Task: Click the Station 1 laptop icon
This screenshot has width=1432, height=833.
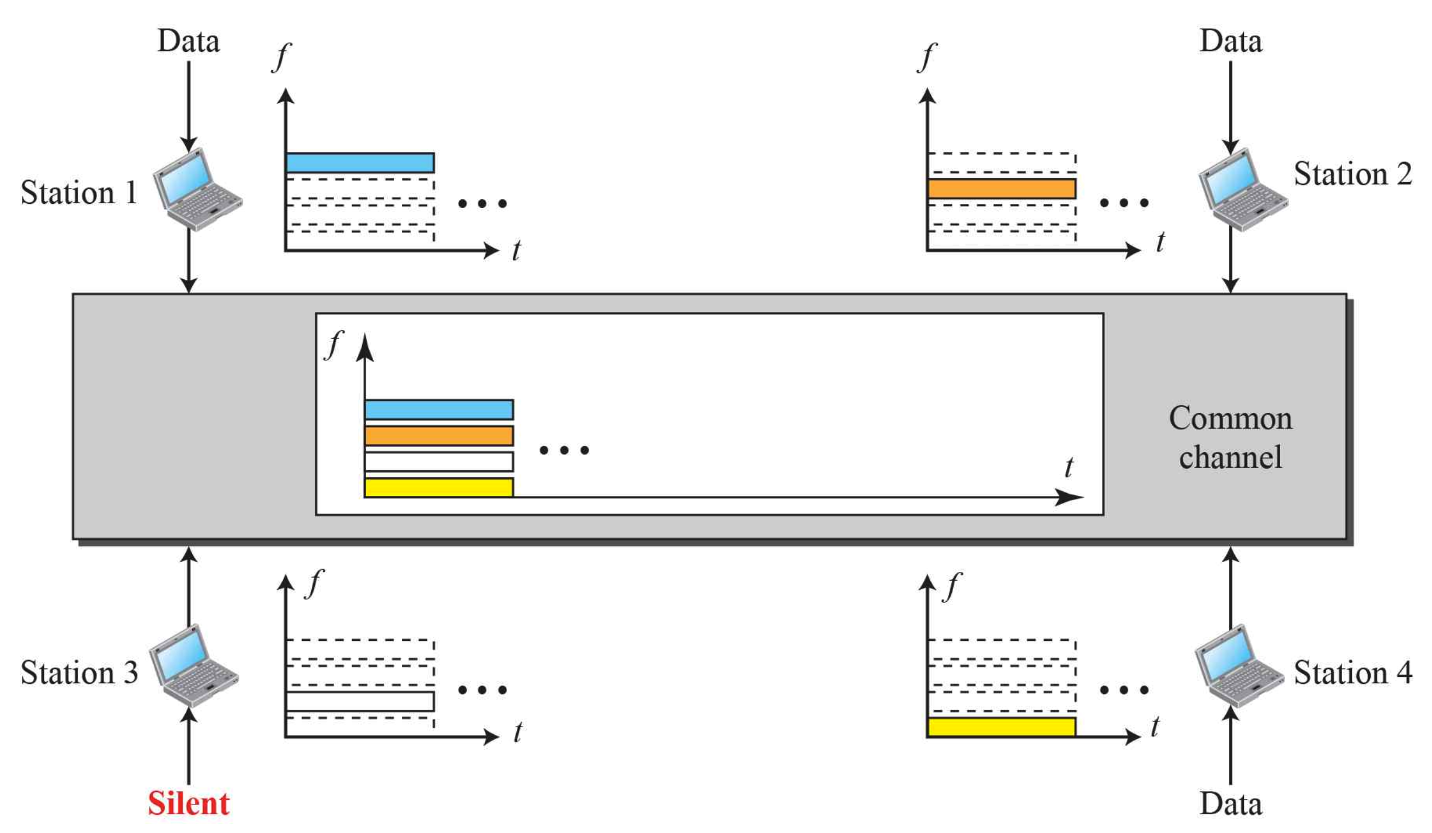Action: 197,189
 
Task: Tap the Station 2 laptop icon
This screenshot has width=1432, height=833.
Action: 1243,189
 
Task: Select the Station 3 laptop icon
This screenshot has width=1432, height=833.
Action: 193,665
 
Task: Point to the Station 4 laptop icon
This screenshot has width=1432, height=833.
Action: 1239,665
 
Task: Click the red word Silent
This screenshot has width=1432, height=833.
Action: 188,803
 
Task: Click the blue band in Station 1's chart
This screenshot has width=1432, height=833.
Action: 360,162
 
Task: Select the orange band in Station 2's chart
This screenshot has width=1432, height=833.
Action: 1001,189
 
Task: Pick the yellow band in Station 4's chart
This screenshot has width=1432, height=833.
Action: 1001,727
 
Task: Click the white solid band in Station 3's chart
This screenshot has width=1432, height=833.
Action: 360,701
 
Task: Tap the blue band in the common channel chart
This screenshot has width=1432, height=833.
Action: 439,409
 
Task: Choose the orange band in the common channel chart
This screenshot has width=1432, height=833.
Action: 439,436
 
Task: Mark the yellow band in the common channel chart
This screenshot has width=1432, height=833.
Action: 439,488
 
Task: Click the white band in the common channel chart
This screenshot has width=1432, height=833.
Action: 439,461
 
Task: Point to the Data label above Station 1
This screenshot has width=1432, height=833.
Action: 188,41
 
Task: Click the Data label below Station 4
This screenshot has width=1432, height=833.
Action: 1231,803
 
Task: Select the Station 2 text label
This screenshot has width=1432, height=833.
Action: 1352,174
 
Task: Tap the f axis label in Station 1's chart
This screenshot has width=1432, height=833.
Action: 281,57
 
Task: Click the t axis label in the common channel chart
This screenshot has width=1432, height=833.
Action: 1068,467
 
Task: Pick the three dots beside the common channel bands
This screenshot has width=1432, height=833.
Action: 564,450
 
